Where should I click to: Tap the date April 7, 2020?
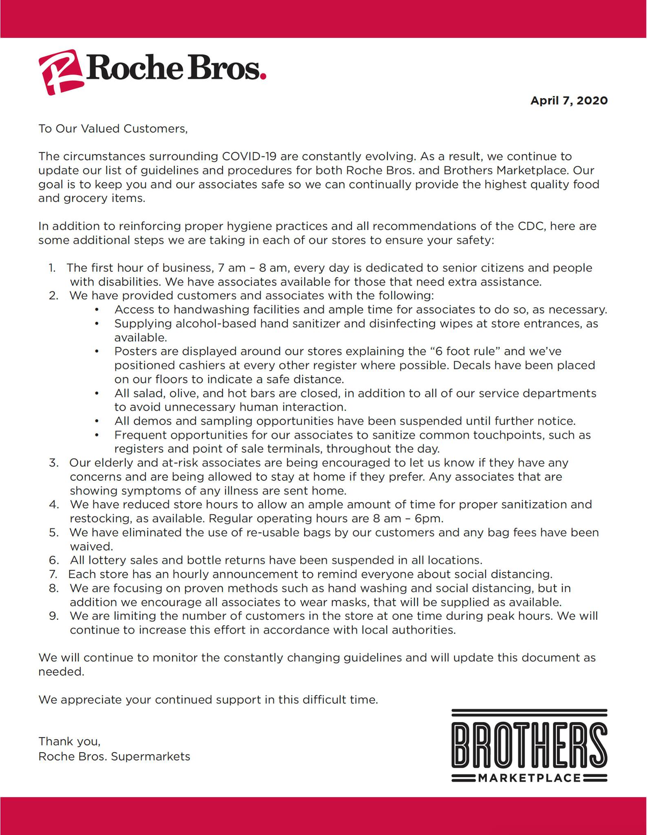pyautogui.click(x=569, y=101)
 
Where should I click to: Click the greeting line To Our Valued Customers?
pyautogui.click(x=113, y=129)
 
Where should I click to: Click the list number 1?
pyautogui.click(x=52, y=268)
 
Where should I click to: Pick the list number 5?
pyautogui.click(x=53, y=533)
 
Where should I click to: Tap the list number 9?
pyautogui.click(x=53, y=616)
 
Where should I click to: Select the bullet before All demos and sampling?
pyautogui.click(x=97, y=421)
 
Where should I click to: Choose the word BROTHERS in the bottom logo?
pyautogui.click(x=529, y=745)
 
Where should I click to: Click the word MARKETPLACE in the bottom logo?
pyautogui.click(x=529, y=778)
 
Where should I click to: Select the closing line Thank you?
pyautogui.click(x=69, y=741)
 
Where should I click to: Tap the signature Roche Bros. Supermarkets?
pyautogui.click(x=114, y=757)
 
